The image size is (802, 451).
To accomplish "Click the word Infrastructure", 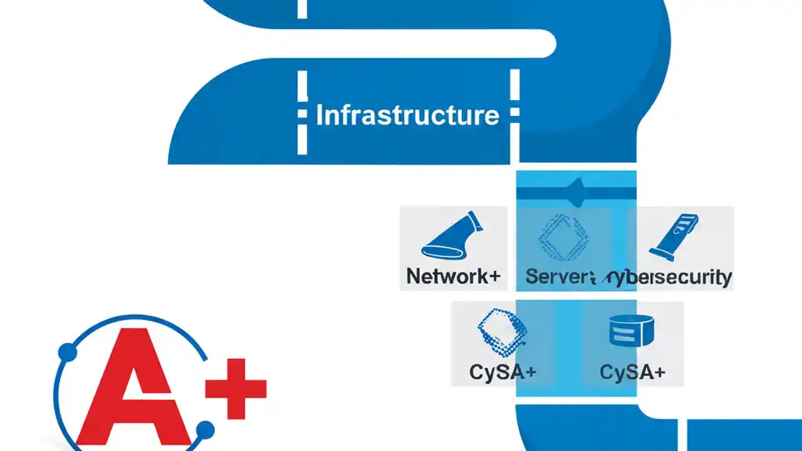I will pos(407,116).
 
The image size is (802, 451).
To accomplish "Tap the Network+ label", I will pos(453,276).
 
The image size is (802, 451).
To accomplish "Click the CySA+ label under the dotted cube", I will pos(503,371).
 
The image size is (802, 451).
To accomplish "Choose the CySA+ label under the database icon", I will pos(632,371).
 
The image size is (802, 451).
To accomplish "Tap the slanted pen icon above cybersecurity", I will pos(674,236).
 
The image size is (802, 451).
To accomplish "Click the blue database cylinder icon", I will pos(631,330).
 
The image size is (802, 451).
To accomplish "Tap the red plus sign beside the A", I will pos(237,389).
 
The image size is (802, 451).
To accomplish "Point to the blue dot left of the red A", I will pos(67,353).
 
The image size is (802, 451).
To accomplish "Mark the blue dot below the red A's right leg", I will pos(205,430).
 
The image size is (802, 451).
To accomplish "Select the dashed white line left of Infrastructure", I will pos(302,113).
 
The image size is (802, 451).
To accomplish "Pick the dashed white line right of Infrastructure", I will pos(514,113).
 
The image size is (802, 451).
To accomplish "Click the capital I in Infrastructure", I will pos(320,116).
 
